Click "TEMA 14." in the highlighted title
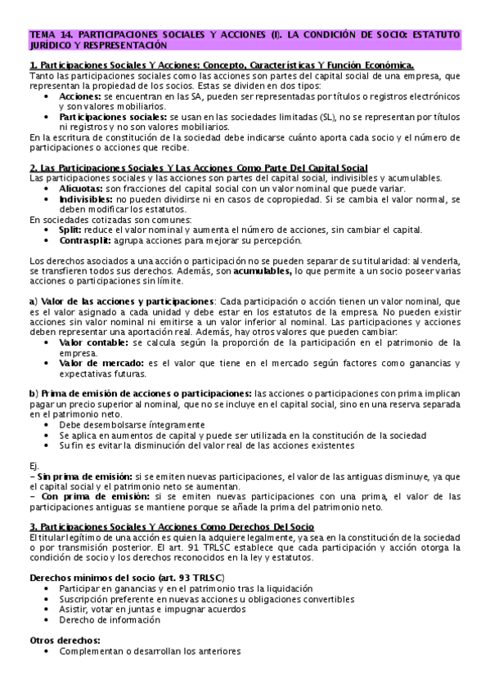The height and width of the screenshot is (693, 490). tap(51, 36)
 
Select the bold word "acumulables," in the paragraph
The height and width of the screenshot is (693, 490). tap(265, 271)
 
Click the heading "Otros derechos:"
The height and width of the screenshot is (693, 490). tap(65, 641)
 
